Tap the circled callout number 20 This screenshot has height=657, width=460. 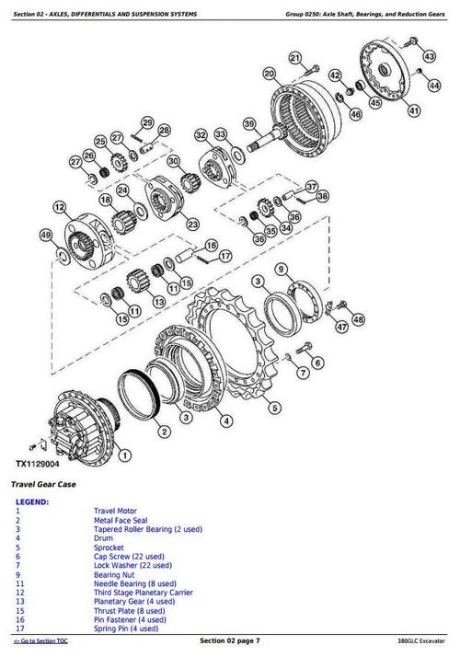coord(269,74)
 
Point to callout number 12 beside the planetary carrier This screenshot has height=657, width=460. coord(60,207)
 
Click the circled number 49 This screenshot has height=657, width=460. coord(45,236)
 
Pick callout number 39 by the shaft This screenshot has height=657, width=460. coord(248,124)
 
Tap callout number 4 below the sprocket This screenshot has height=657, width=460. coord(227,421)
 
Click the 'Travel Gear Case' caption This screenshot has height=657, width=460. coord(43,484)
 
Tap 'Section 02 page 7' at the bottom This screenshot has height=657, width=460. coord(229,640)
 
